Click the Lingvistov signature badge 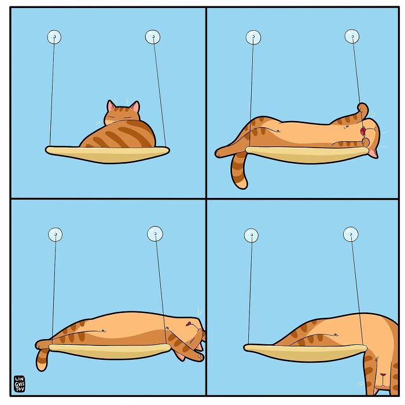coord(20,383)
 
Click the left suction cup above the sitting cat coord(54,38)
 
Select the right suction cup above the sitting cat coord(153,38)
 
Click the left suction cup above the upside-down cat coord(253,38)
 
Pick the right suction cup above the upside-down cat coord(352,36)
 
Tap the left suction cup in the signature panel coord(56,234)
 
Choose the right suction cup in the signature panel coord(155,234)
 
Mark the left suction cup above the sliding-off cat coord(251,235)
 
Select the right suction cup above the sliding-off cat coord(351,234)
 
